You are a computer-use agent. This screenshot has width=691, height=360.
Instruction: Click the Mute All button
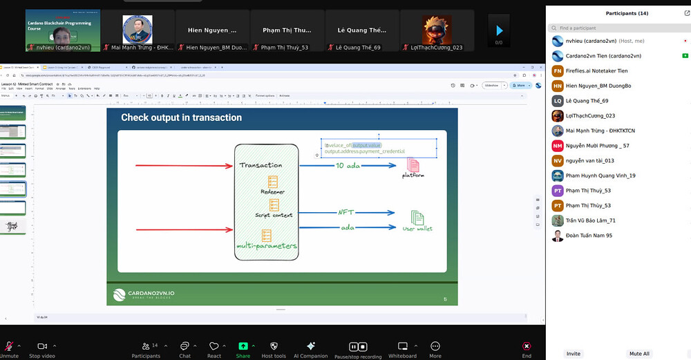tap(639, 353)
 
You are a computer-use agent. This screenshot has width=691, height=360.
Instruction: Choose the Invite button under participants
tap(574, 353)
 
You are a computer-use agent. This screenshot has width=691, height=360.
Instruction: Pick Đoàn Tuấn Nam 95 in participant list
tap(589, 236)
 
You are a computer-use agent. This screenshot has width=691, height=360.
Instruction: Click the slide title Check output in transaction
tap(182, 117)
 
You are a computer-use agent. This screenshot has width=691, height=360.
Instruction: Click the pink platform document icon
tap(413, 165)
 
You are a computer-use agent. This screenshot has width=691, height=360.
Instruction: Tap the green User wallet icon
tap(417, 218)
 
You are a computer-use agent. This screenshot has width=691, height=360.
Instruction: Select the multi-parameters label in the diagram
tap(267, 245)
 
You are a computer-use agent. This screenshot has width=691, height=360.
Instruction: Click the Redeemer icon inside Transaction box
tap(274, 181)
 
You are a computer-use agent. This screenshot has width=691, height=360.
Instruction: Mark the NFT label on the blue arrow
tap(346, 212)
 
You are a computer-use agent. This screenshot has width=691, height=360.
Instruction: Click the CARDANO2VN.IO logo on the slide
tap(144, 295)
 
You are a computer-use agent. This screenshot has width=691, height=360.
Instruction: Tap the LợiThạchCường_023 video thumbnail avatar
tap(437, 28)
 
